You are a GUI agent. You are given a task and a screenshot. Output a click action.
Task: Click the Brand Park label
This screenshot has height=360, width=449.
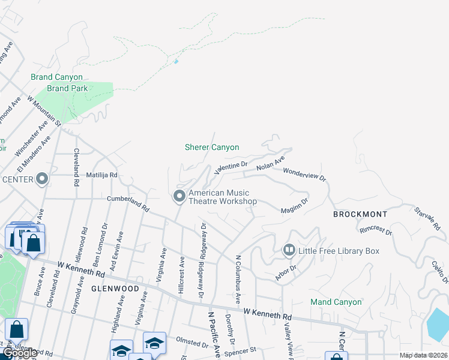67,88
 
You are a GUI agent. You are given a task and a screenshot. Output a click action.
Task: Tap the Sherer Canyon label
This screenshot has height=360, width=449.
211,147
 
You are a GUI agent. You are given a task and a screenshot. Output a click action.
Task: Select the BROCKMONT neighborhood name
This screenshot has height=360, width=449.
360,214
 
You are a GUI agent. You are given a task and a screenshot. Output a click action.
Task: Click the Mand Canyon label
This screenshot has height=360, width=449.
336,302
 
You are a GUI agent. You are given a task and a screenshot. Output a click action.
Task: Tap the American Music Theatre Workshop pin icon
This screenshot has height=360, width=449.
179,196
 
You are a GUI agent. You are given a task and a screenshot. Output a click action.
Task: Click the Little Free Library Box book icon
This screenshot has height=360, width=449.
289,249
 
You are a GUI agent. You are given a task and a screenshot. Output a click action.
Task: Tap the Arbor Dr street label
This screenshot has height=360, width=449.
286,272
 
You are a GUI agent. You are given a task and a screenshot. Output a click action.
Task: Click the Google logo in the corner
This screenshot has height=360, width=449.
20,353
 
